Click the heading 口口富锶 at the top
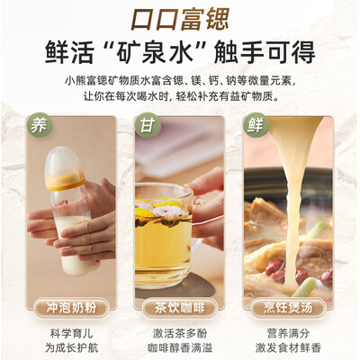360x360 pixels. [x=179, y=18]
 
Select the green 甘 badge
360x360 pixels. [x=147, y=123]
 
